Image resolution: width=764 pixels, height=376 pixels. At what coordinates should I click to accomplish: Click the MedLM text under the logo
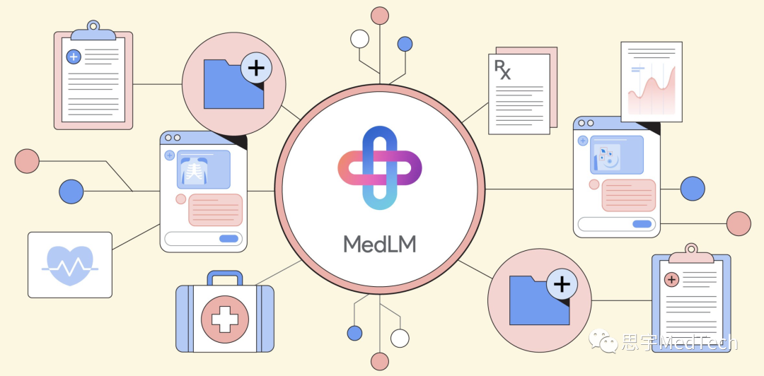380,245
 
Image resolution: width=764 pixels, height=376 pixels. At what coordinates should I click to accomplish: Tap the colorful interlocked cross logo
380,168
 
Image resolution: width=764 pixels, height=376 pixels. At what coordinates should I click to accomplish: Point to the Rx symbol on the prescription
503,70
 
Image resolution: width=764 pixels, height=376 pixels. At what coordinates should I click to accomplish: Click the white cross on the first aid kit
225,319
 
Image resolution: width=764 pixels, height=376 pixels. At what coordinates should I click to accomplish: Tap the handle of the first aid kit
225,278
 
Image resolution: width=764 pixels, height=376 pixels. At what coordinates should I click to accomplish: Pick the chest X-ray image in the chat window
203,170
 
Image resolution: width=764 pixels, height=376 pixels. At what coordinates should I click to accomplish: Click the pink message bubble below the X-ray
215,210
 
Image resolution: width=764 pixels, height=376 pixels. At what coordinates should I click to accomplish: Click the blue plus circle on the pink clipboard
74,57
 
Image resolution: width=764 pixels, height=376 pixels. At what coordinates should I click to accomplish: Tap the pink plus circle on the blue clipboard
671,280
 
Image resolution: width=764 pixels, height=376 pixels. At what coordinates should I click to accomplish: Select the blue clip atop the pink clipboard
93,30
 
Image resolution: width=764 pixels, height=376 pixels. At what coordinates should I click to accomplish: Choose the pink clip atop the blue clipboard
691,253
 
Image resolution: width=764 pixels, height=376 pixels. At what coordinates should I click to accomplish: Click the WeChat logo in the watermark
603,341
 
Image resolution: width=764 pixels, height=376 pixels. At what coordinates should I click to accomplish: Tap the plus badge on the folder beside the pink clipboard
256,68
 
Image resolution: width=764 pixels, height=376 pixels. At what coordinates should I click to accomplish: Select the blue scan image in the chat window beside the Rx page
616,155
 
